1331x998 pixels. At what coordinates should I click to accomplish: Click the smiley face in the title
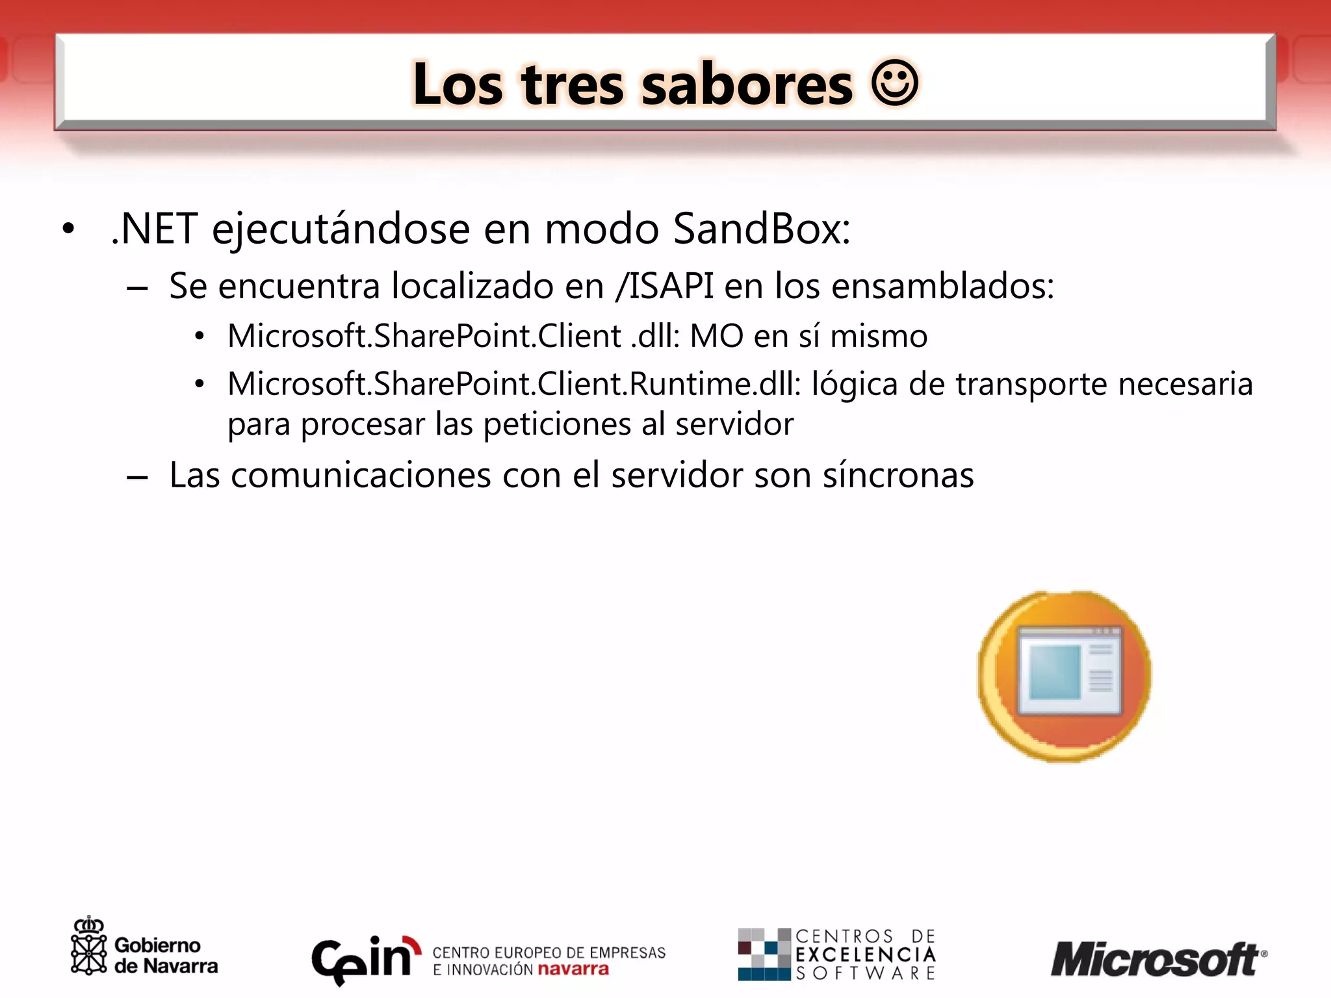(x=894, y=83)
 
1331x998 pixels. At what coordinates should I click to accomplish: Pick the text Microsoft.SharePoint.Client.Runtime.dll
(x=513, y=383)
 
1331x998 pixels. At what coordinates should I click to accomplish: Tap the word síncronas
(x=898, y=475)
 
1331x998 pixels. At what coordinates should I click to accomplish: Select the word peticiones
(x=557, y=425)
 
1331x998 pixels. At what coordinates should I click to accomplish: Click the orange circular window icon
(x=1064, y=676)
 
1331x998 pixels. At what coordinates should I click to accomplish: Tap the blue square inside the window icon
(x=1054, y=672)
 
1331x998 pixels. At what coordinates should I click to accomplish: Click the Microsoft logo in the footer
(x=1157, y=959)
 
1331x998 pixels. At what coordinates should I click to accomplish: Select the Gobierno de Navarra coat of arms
(x=88, y=947)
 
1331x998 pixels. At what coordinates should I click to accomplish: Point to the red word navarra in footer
(x=573, y=969)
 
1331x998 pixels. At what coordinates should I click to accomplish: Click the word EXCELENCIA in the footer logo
(x=865, y=954)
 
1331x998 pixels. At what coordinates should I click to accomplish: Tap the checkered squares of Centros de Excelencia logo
(x=764, y=954)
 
